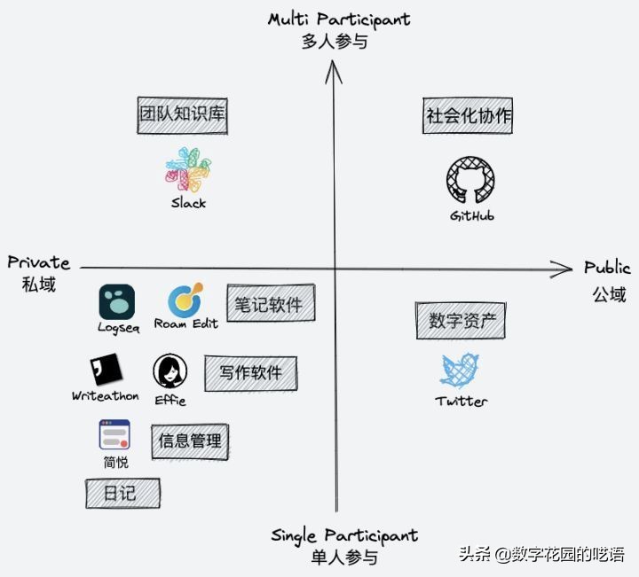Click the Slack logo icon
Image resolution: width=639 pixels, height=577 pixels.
tap(188, 170)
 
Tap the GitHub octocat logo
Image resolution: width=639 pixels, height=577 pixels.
tap(470, 181)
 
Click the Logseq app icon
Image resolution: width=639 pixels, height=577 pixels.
tap(117, 302)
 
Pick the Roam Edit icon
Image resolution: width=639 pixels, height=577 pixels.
tap(185, 300)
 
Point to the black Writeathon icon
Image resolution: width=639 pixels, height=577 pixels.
tap(106, 370)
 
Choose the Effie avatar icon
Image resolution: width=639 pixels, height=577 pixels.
tap(170, 370)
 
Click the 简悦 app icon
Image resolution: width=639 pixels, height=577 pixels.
tap(114, 435)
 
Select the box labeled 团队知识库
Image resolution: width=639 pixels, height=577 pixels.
tap(182, 115)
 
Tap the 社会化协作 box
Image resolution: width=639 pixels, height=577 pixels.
tap(469, 116)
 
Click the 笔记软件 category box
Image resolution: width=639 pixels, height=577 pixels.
tap(270, 305)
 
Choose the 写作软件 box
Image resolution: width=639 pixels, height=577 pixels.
tap(250, 372)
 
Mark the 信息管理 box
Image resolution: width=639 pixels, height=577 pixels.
tap(190, 441)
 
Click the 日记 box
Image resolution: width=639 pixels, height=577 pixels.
tap(122, 493)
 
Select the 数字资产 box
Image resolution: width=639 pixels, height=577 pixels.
tap(461, 320)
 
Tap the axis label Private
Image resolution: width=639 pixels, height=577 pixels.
tap(39, 262)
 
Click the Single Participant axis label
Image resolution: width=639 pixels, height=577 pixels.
tap(344, 535)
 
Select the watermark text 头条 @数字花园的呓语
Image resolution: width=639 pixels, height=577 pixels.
tap(541, 555)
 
